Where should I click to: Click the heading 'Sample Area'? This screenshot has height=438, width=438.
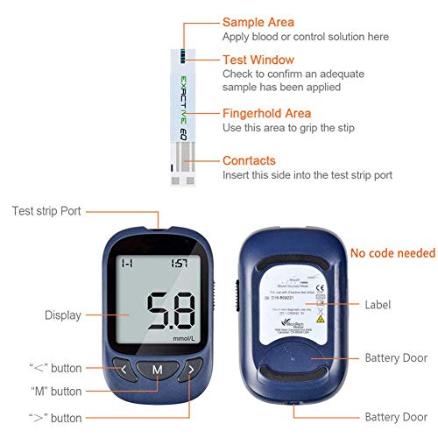pyautogui.click(x=258, y=22)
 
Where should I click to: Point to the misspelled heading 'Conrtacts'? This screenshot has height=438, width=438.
pyautogui.click(x=250, y=161)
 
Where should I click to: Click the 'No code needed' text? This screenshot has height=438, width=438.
pyautogui.click(x=392, y=253)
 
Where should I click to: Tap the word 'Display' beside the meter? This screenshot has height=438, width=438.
pyautogui.click(x=63, y=315)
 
